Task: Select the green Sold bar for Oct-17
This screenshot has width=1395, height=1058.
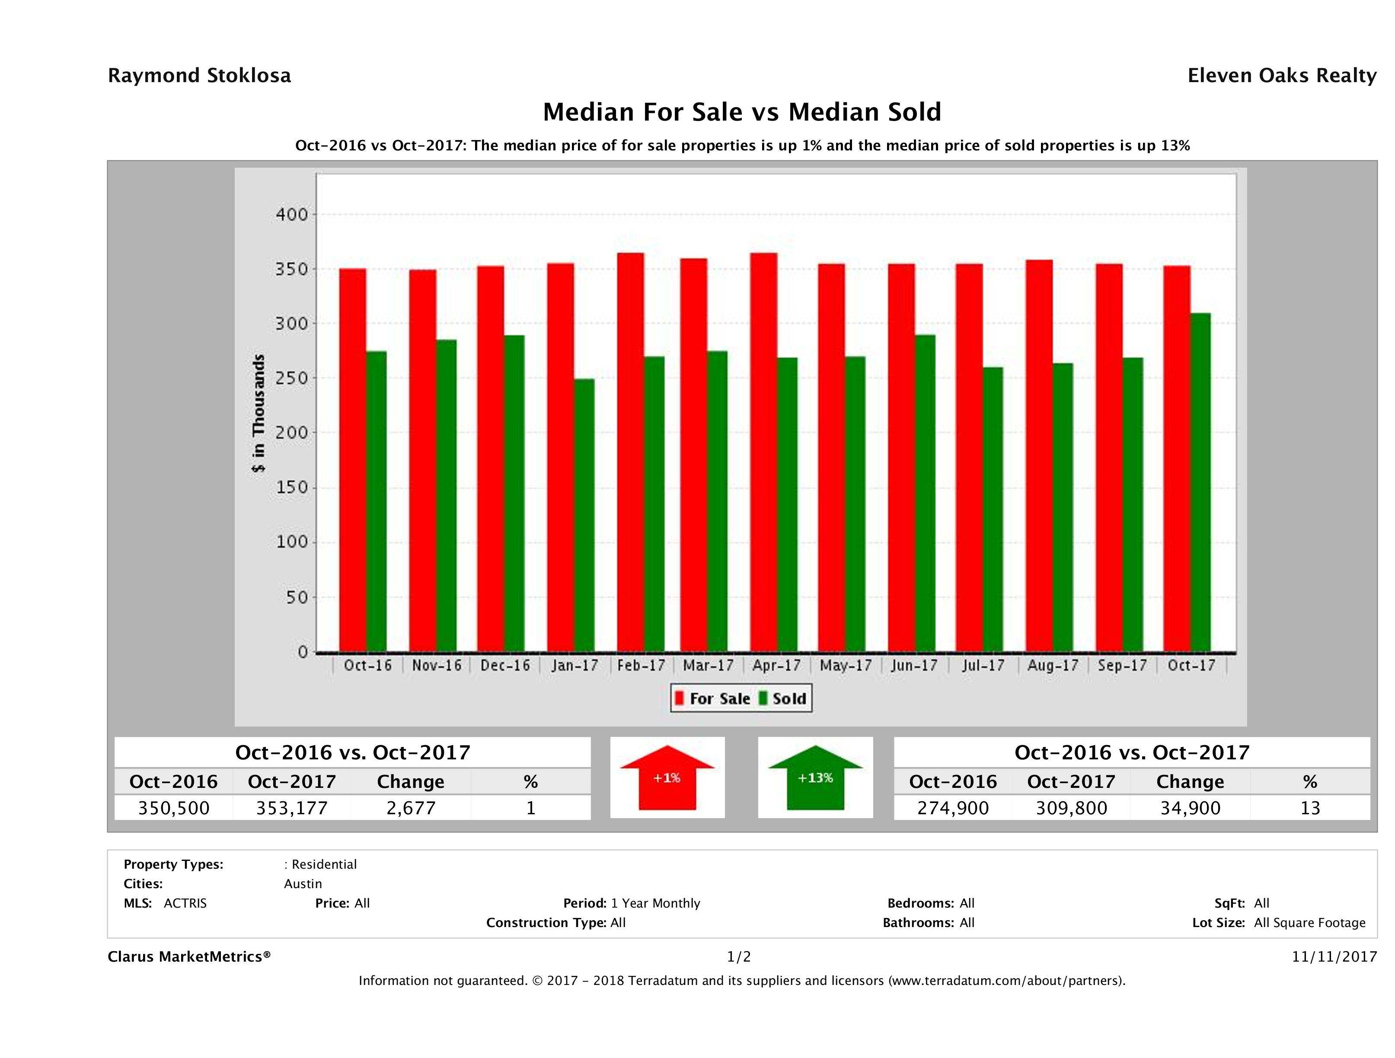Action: pos(1200,482)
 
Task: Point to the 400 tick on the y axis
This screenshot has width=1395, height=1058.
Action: pos(291,214)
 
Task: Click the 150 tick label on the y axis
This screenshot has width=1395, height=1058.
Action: pos(291,488)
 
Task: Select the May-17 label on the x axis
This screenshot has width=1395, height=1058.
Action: pos(845,665)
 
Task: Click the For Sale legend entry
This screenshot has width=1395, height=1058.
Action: pos(713,698)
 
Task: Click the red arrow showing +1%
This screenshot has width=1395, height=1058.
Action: pos(667,778)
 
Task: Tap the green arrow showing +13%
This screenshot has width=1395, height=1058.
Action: pos(815,778)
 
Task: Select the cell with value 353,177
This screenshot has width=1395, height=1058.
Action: pos(292,808)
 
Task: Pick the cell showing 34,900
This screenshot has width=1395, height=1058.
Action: pos(1190,808)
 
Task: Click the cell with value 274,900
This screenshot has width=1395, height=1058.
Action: pos(953,808)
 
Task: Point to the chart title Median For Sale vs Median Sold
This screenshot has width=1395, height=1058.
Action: pos(742,112)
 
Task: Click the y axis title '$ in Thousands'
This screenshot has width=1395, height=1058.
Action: pos(259,413)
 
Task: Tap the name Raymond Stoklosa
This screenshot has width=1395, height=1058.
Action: pos(199,76)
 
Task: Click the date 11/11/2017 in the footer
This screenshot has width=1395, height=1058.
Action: pos(1334,956)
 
